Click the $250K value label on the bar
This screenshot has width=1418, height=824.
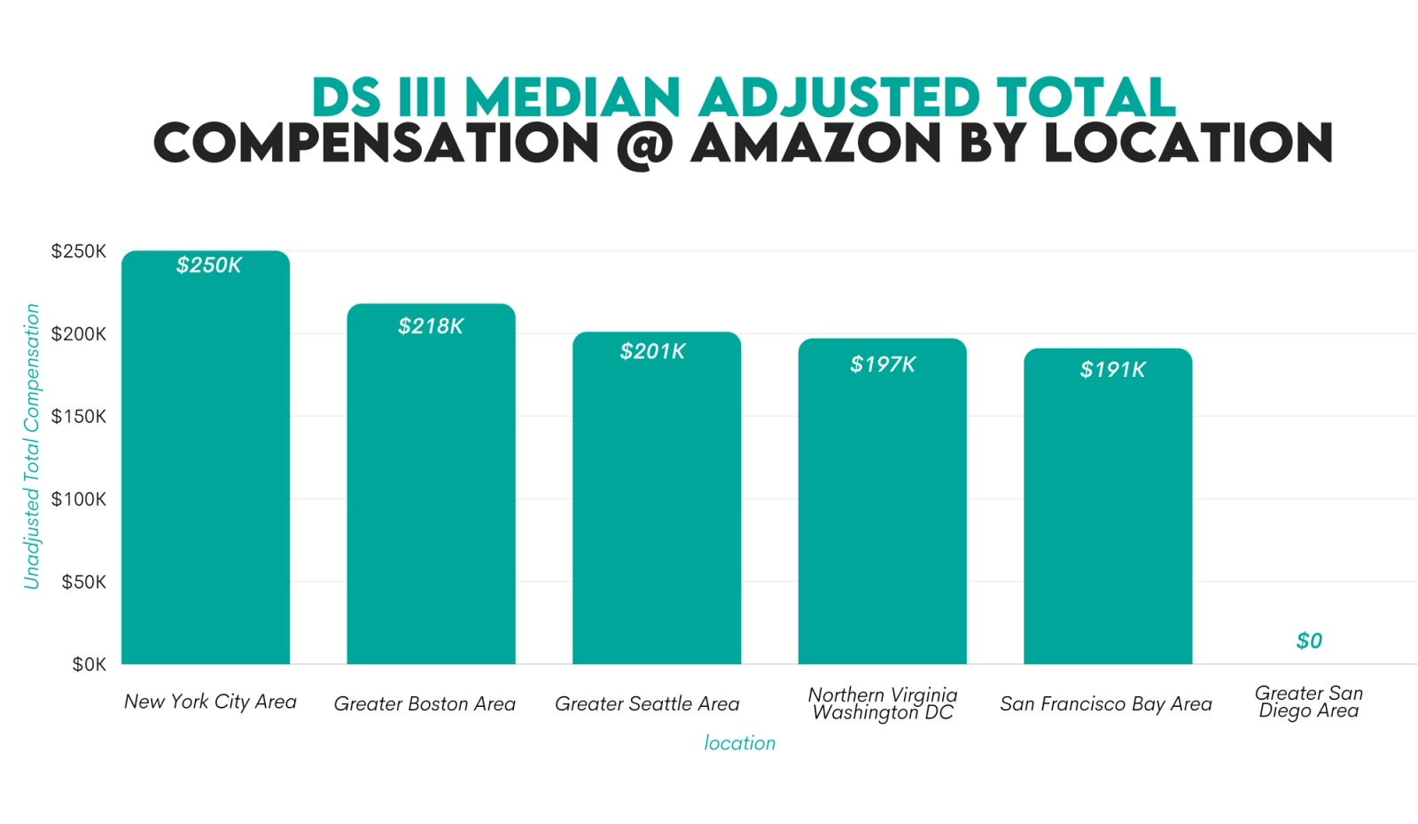[208, 265]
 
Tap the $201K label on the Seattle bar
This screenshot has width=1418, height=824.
[652, 351]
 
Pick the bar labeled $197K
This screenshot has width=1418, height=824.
[882, 506]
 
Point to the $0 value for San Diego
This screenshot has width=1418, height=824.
[1309, 640]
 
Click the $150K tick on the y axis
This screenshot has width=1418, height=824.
[79, 417]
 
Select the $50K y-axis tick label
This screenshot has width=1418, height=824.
[83, 582]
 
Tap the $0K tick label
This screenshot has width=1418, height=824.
[89, 664]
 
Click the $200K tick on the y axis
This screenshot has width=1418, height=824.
[79, 334]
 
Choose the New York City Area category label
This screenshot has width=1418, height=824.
[210, 702]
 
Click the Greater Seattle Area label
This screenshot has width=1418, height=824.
[647, 703]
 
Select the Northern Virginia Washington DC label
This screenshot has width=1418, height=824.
[883, 703]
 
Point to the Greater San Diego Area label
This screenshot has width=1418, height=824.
[1309, 702]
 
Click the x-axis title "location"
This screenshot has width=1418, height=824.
[739, 743]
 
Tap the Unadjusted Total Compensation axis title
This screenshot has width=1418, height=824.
[32, 446]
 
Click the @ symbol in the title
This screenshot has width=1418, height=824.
[644, 145]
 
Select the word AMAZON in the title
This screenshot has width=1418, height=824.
[815, 144]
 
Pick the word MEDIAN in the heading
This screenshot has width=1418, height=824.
[573, 97]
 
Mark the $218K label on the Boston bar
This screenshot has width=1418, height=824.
[431, 326]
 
